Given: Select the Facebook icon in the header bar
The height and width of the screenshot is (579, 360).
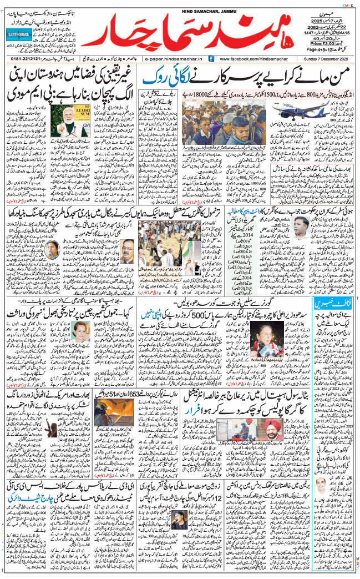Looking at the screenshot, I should pyautogui.click(x=212, y=58).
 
